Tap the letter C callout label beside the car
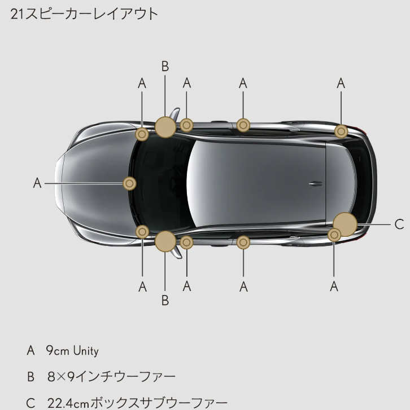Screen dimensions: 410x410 point(399,224)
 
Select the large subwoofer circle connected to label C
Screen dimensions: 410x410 point(346,223)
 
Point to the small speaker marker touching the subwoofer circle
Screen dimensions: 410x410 point(334,234)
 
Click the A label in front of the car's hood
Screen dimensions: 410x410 point(37,183)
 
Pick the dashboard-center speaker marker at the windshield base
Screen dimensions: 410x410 point(130,183)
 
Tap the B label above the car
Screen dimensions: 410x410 point(165,66)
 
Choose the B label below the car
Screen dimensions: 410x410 point(165,300)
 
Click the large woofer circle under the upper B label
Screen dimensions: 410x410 point(165,127)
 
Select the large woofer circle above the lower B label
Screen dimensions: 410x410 point(165,241)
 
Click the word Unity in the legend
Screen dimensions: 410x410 point(86,351)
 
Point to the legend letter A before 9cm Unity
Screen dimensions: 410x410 point(31,351)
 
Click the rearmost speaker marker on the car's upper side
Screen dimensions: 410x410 point(341,131)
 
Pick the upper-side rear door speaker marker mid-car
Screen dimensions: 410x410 point(243,125)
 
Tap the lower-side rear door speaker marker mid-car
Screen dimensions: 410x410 point(243,243)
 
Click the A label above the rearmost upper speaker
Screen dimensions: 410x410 point(341,83)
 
